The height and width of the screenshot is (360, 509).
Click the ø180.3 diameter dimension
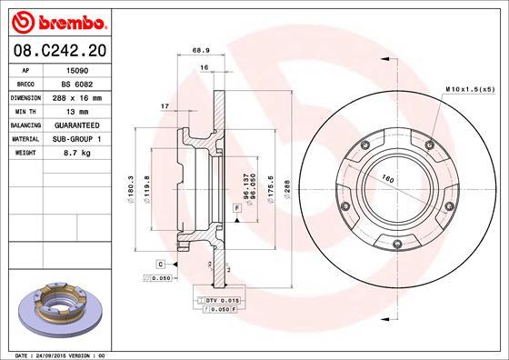pyautogui.click(x=132, y=186)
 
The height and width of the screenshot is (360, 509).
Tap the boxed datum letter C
pyautogui.click(x=159, y=264)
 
